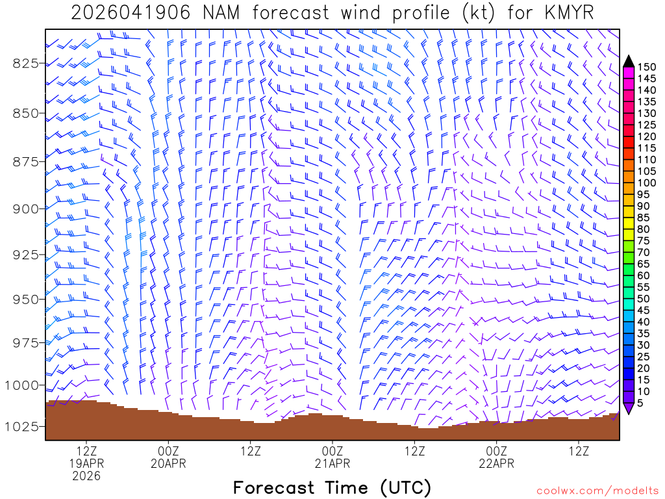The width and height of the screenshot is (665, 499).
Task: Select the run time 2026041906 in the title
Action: pyautogui.click(x=131, y=12)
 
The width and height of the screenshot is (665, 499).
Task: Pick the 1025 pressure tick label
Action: pyautogui.click(x=23, y=426)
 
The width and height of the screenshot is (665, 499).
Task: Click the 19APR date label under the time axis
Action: pyautogui.click(x=86, y=463)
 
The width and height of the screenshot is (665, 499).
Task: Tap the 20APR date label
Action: pyautogui.click(x=169, y=463)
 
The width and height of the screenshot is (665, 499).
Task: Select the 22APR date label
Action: pyautogui.click(x=497, y=463)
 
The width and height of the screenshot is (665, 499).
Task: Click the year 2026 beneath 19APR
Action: pyautogui.click(x=86, y=476)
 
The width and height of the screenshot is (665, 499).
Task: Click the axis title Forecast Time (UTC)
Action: pyautogui.click(x=332, y=487)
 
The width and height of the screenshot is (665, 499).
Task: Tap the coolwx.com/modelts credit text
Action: pyautogui.click(x=597, y=489)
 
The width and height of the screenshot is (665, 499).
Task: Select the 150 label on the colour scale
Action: pyautogui.click(x=646, y=67)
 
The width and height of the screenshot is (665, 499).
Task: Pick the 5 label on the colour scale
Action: pyautogui.click(x=641, y=403)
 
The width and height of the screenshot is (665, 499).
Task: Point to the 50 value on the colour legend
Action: pyautogui.click(x=644, y=299)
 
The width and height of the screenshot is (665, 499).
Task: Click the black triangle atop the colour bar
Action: pyautogui.click(x=629, y=61)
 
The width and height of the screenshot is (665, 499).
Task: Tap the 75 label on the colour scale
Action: pyautogui.click(x=644, y=241)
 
